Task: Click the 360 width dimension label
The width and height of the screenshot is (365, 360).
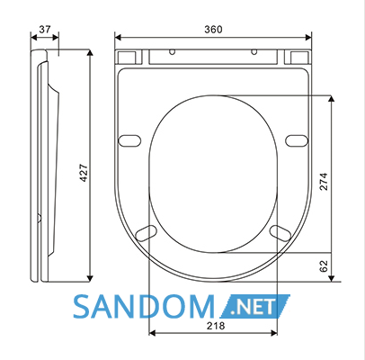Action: [213, 30]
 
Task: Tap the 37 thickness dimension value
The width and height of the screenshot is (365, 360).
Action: [45, 30]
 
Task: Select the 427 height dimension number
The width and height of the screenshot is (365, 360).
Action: [84, 173]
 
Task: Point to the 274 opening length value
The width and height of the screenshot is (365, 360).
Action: [324, 182]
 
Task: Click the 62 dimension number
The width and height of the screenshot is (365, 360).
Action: [324, 266]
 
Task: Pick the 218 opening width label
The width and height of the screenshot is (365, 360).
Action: [216, 326]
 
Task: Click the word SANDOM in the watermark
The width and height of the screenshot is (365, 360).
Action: [144, 307]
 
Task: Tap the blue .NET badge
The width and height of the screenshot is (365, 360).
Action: [254, 306]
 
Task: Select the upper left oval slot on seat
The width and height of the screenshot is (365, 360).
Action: [129, 140]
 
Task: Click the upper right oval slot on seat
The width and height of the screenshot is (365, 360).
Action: [297, 140]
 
